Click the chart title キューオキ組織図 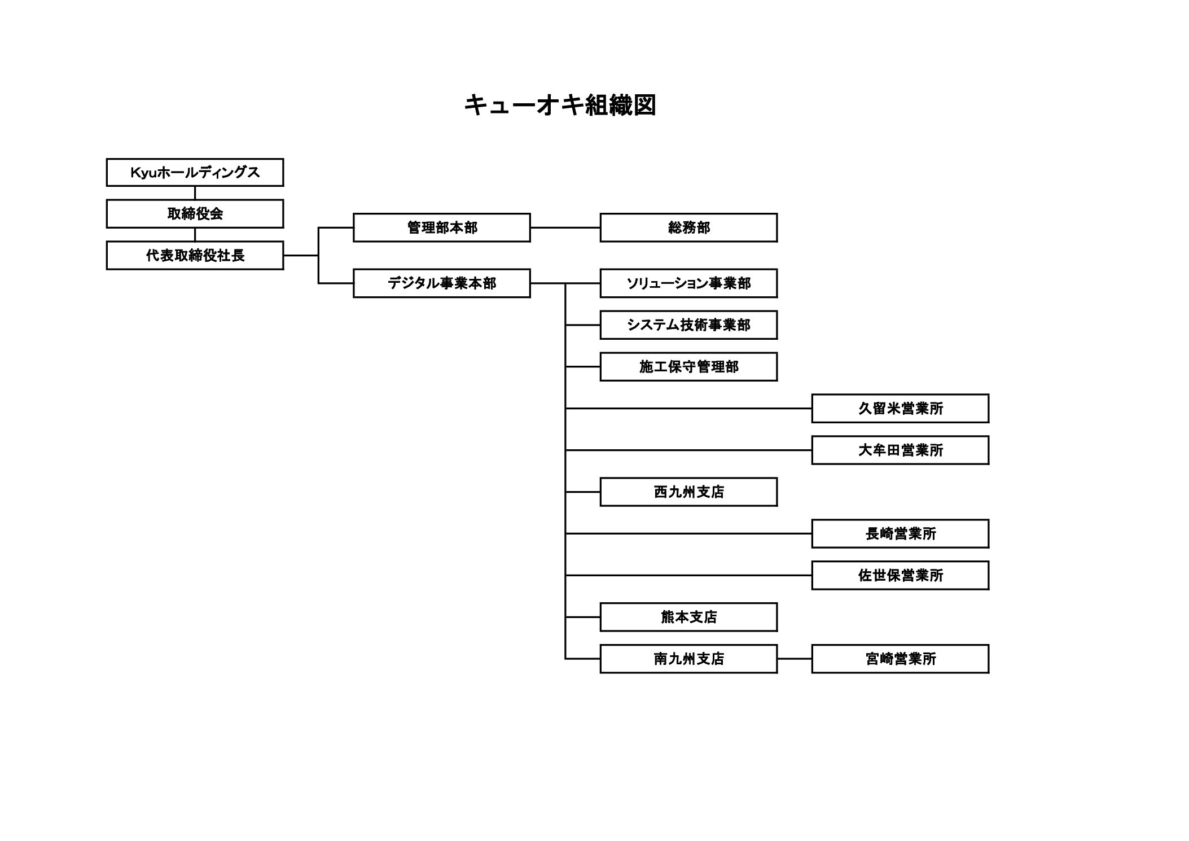point(560,106)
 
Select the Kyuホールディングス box point(195,172)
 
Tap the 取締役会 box point(195,213)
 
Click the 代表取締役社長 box point(195,255)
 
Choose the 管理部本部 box point(441,227)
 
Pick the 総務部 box point(688,227)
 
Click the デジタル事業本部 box point(441,283)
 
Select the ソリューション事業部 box point(688,283)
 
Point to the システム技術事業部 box point(688,325)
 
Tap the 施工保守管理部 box point(688,366)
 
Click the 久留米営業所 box point(900,408)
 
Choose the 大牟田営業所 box point(900,450)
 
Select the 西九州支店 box point(688,492)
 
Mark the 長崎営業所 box point(900,533)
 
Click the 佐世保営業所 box point(900,575)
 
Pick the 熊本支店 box point(688,617)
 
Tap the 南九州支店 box point(688,659)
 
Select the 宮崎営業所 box point(900,659)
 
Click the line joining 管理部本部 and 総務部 point(565,227)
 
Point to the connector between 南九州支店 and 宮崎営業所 point(794,659)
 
